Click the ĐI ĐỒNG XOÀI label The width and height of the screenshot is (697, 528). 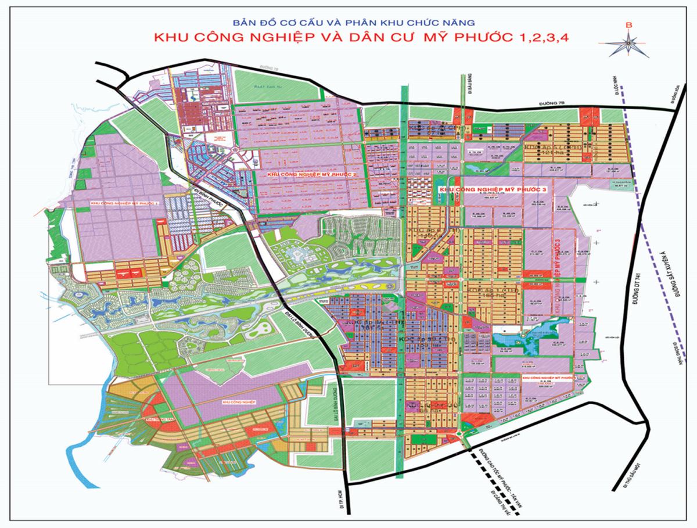coord(677,90)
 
